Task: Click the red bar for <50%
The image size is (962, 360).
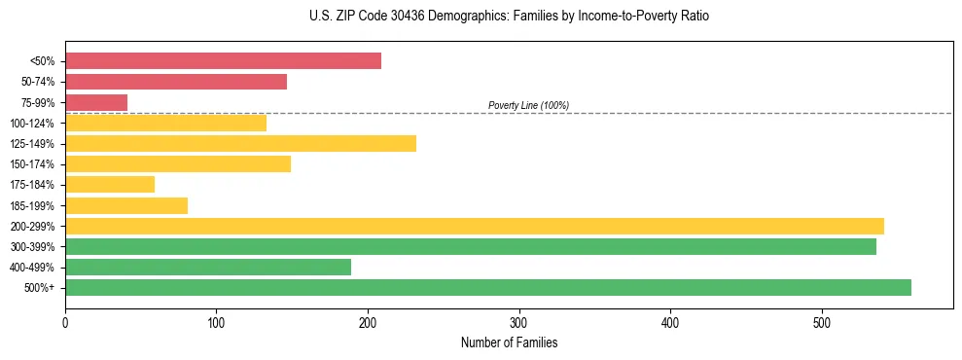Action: coord(223,61)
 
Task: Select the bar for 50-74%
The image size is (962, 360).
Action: coord(176,82)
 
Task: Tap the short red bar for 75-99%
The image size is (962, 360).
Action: coord(96,102)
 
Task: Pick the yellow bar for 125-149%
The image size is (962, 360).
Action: coord(240,143)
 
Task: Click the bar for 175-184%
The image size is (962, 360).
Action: coord(110,184)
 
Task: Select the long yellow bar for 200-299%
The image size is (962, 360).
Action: coord(475,226)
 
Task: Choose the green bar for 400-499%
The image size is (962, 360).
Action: coord(208,267)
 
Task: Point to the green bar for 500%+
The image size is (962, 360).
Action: coord(488,287)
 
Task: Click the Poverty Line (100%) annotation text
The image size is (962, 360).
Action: coord(528,105)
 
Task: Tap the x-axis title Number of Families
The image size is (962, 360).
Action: coord(509,342)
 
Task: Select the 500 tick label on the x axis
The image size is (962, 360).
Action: coord(822,322)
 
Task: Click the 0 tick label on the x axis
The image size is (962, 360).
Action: coord(65,322)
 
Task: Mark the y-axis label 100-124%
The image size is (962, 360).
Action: coord(32,124)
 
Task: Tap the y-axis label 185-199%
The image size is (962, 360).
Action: coord(32,205)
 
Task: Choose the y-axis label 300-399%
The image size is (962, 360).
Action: coord(32,247)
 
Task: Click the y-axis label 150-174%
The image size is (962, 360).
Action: coord(32,164)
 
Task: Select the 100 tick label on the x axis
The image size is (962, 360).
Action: coord(217,322)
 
